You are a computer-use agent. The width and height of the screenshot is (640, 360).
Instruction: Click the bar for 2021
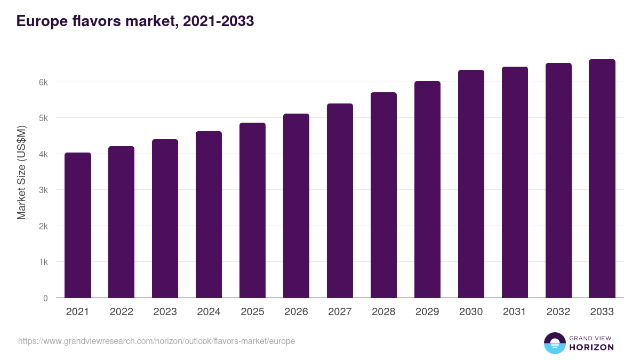coord(78,225)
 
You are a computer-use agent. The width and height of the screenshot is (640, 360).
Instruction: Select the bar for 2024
coord(209,214)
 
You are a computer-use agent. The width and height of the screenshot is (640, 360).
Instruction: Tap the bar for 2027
coord(340,201)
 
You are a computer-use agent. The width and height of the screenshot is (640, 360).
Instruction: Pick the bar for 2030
coord(471,184)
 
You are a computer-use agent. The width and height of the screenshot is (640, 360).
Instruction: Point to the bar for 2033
coord(602,179)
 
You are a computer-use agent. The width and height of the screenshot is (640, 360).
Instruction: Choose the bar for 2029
coord(427,189)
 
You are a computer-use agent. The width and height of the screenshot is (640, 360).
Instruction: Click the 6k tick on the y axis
coord(43,82)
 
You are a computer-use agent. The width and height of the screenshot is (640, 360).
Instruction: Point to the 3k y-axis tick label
coord(43,190)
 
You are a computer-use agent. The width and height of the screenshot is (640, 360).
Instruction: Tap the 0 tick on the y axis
coord(45,298)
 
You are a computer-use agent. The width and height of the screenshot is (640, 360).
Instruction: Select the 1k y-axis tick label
coord(43,262)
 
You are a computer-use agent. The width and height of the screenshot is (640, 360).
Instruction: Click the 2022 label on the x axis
coord(121,312)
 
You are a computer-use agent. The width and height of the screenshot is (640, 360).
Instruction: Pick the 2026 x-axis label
coord(296,312)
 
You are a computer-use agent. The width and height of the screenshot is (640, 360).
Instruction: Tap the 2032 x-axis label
coord(558,312)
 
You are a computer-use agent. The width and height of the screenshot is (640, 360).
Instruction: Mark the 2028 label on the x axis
coord(383,312)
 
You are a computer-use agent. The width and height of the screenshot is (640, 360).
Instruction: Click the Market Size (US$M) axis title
coord(21,172)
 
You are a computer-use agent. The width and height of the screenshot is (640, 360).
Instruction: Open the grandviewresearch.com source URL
coord(156,341)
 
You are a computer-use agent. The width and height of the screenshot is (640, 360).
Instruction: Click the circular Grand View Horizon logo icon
coord(555,343)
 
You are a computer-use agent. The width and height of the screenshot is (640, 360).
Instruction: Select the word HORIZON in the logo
coord(591,347)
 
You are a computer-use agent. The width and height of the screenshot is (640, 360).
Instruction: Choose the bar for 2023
coord(165,219)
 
